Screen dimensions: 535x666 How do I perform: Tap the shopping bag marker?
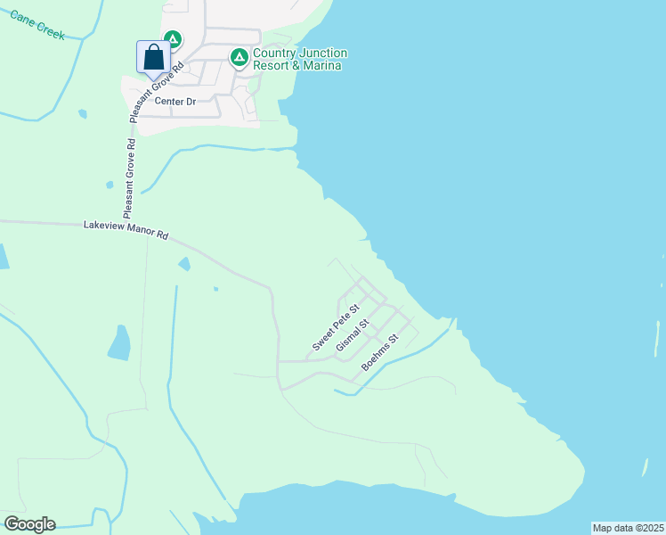tap(153, 57)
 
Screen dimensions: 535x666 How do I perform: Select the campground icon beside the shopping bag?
tap(173, 39)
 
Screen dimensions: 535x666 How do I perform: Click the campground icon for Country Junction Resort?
tap(239, 58)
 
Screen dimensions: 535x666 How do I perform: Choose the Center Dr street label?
tap(175, 102)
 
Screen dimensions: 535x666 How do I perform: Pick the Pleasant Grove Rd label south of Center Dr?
tap(130, 178)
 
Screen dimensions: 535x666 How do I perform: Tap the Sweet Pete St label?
tap(336, 327)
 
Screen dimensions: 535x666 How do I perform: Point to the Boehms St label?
tap(384, 353)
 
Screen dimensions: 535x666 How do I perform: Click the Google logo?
tap(29, 524)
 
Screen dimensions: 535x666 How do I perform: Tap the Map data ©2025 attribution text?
tap(629, 528)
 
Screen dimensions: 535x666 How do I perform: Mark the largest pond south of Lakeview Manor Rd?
tap(118, 342)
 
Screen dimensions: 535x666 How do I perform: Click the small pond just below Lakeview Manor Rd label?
tap(184, 263)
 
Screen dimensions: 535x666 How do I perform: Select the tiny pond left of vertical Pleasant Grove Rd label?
tap(109, 185)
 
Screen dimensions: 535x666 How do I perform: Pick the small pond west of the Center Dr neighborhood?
tap(82, 113)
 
